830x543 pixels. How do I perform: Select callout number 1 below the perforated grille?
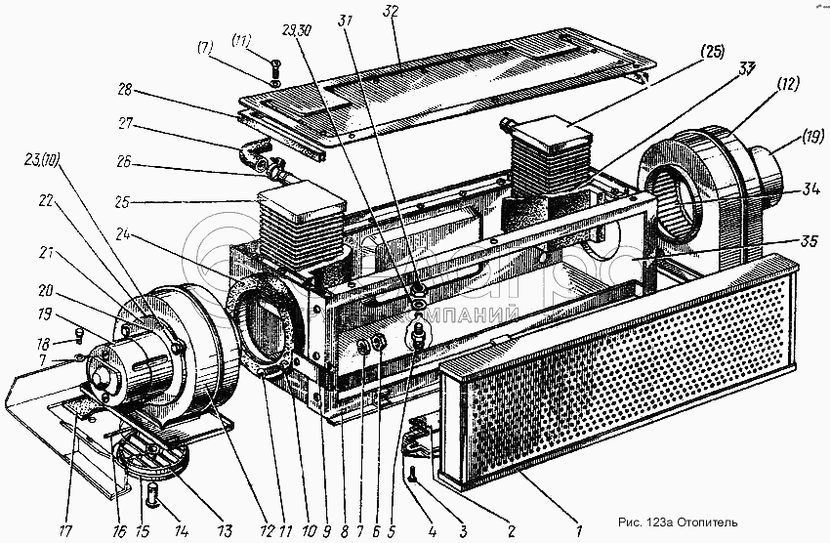tap(579, 530)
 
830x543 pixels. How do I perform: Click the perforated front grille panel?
tap(625, 371)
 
